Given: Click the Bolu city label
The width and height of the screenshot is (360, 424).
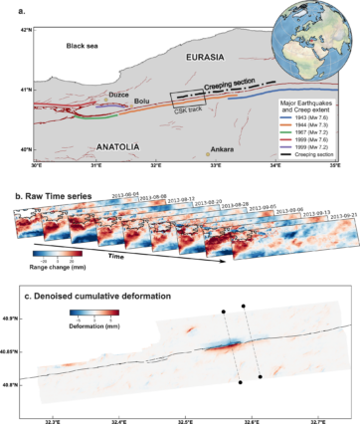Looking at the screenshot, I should [x=141, y=102].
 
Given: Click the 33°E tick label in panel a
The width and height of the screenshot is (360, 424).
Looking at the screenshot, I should [x=216, y=167].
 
